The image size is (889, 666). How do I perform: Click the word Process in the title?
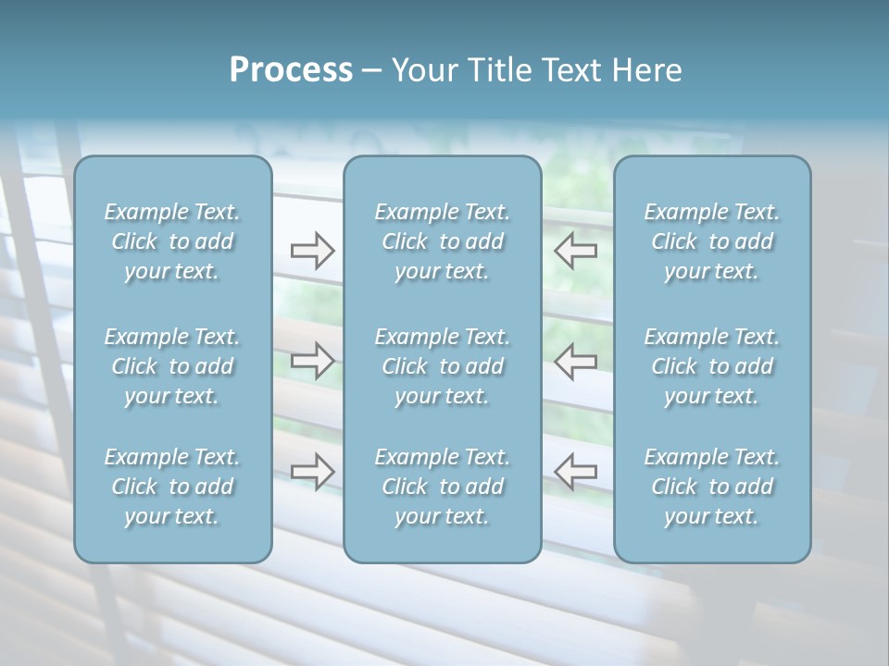(291, 70)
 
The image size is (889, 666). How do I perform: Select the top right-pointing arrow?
(312, 251)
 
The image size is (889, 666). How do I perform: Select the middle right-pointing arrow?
(312, 360)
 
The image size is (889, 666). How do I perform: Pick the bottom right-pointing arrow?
(312, 471)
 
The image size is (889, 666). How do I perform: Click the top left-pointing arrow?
(576, 251)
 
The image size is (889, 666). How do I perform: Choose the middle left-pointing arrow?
(576, 360)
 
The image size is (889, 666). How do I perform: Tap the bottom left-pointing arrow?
(576, 471)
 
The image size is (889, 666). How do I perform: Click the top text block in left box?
(172, 241)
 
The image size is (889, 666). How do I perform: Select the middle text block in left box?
(172, 366)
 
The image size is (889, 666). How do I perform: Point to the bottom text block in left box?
(172, 487)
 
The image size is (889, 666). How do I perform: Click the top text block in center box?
(443, 241)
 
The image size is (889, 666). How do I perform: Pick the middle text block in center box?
(443, 366)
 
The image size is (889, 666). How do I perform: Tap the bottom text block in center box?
(443, 487)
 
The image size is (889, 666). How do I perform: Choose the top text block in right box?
(712, 241)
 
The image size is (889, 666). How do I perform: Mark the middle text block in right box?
(712, 366)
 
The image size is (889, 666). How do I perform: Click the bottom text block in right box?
(712, 487)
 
